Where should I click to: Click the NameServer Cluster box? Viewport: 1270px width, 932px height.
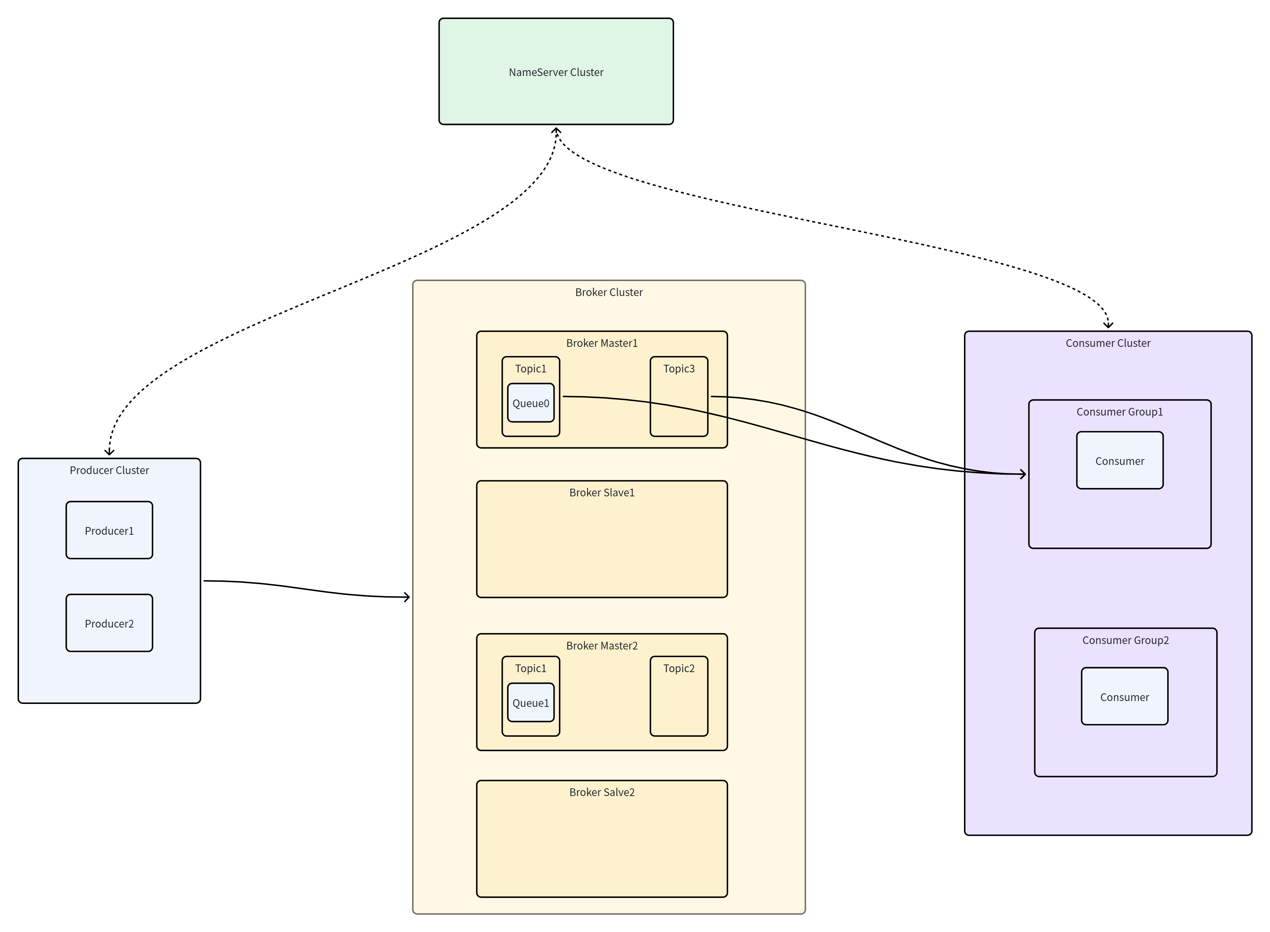556,72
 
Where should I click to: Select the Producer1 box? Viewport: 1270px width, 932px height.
109,530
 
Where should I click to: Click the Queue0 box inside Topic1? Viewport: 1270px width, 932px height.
530,403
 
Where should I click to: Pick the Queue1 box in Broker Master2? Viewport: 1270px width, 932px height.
530,702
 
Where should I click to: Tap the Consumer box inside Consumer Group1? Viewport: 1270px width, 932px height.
1119,461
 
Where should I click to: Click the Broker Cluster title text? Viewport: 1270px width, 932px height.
609,292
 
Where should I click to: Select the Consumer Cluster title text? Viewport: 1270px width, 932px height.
1108,343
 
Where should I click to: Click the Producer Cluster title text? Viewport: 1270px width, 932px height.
109,470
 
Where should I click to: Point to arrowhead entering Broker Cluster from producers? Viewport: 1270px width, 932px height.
407,597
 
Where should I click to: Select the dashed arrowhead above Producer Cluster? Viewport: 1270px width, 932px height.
109,451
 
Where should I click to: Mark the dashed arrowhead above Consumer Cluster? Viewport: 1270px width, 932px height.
1108,325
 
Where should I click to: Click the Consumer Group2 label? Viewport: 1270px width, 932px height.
1125,640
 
